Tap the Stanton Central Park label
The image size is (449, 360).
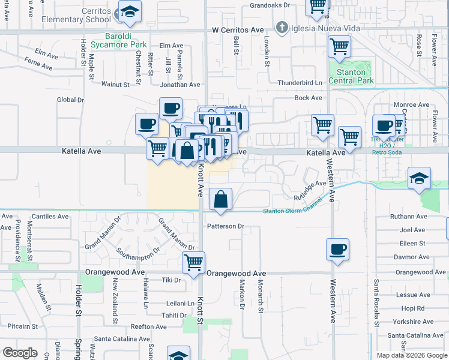click(x=351, y=76)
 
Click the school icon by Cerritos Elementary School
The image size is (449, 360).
click(x=129, y=11)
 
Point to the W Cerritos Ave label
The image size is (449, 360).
click(x=238, y=30)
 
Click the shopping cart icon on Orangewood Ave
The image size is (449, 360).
click(x=193, y=262)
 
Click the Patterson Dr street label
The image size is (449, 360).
click(x=226, y=226)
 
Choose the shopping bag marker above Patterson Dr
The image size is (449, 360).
click(x=221, y=199)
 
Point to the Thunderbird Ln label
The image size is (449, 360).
click(x=300, y=83)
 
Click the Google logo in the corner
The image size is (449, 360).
click(x=20, y=353)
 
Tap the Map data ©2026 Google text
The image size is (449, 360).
click(x=412, y=355)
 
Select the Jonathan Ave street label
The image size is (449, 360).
click(x=179, y=85)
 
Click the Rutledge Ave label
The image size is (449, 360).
click(x=310, y=190)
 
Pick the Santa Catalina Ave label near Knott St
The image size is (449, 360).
click(x=121, y=338)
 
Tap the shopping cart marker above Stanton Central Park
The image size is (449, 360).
click(x=340, y=46)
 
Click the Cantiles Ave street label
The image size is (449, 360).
click(x=51, y=216)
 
